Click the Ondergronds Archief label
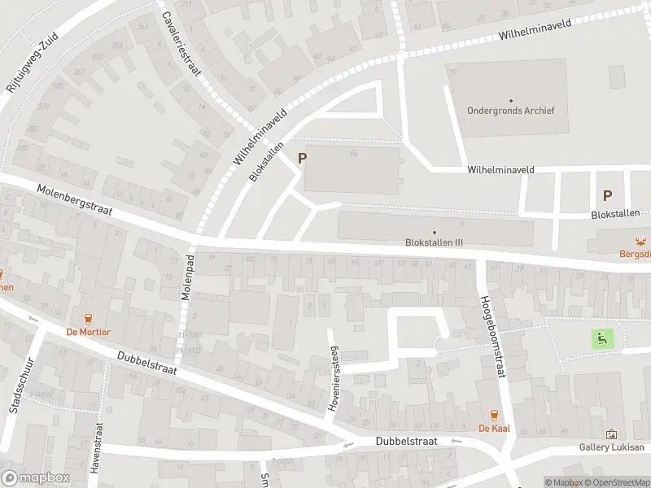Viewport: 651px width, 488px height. coord(510,111)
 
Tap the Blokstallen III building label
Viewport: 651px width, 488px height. coord(434,242)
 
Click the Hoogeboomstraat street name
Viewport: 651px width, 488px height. coord(494,336)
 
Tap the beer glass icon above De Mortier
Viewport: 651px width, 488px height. coord(89,318)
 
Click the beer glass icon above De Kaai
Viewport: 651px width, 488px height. coord(493,415)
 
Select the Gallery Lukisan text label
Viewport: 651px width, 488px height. coord(611,447)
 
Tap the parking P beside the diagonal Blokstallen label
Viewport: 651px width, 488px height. coord(303,159)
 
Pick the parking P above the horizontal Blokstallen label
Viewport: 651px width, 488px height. coord(606,195)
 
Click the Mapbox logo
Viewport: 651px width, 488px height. coord(35,478)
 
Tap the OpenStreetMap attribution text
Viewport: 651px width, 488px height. coord(617,482)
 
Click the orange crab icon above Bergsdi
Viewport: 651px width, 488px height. coord(641,240)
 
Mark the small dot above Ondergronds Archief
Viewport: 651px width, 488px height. coord(510,100)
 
